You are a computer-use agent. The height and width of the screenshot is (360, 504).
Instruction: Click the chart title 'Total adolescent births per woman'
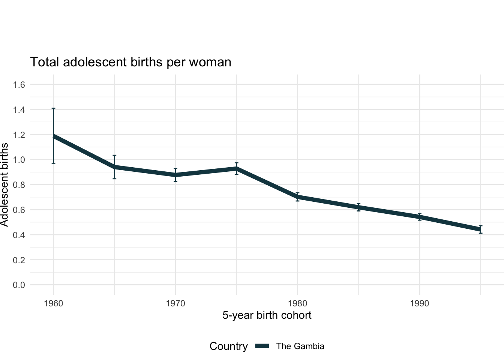130,62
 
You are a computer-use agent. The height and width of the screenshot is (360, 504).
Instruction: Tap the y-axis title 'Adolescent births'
4,184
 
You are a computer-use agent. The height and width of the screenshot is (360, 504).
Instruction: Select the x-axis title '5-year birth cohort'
267,315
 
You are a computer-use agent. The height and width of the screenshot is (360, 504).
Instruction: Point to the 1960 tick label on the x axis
53,303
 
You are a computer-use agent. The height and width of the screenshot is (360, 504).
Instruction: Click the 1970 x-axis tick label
175,303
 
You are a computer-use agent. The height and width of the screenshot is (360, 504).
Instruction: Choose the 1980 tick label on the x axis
297,303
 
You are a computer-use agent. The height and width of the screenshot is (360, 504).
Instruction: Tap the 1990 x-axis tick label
420,303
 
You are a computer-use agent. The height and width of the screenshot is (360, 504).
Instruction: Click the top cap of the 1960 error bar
53,108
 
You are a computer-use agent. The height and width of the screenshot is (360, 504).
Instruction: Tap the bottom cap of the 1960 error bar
53,163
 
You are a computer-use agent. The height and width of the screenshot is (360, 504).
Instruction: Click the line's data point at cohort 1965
114,167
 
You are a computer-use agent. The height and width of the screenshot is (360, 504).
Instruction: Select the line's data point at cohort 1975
237,169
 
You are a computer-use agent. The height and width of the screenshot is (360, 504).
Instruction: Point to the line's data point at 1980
297,196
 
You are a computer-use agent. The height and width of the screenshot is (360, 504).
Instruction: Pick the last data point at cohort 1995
480,229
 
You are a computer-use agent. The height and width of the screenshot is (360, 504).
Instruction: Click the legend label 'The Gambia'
300,346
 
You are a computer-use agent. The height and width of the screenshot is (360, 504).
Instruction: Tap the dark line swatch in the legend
262,346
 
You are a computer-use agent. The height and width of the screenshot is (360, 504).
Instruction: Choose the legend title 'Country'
228,346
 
